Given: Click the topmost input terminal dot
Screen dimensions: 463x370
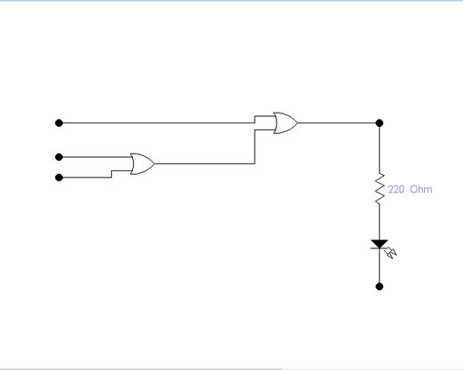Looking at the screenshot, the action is pyautogui.click(x=59, y=122).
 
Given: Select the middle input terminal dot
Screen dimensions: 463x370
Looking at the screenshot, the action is pyautogui.click(x=59, y=157).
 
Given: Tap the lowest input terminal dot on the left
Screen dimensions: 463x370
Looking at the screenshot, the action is pyautogui.click(x=59, y=177).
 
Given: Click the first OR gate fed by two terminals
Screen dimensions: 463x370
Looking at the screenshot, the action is pyautogui.click(x=142, y=164).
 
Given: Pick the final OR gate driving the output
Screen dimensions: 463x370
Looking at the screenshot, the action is pyautogui.click(x=286, y=122).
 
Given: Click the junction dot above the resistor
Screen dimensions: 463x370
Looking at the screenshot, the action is pyautogui.click(x=380, y=122).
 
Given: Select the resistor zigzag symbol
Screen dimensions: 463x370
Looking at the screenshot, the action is pyautogui.click(x=380, y=188).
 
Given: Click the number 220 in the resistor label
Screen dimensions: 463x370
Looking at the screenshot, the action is pyautogui.click(x=396, y=189).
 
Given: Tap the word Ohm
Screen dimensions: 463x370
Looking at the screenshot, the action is pyautogui.click(x=421, y=189).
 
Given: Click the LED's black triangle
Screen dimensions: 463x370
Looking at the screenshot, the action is pyautogui.click(x=380, y=244).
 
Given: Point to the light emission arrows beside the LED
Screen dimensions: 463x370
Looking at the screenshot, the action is pyautogui.click(x=391, y=254).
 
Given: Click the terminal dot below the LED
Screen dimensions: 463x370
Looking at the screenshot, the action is pyautogui.click(x=380, y=287).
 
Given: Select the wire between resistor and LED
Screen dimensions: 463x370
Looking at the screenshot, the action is pyautogui.click(x=380, y=222).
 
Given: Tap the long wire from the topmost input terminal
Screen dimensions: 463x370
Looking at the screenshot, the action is pyautogui.click(x=157, y=122).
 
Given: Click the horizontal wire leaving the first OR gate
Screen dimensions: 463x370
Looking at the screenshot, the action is pyautogui.click(x=204, y=163).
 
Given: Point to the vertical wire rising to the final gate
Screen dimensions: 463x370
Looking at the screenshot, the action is pyautogui.click(x=255, y=146).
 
